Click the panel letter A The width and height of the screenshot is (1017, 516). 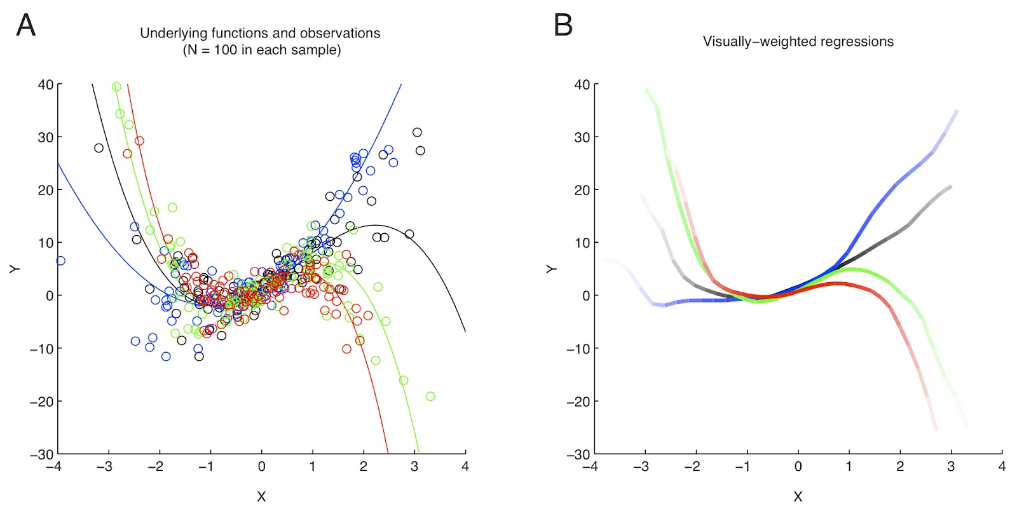25,25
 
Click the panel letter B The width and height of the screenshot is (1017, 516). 563,25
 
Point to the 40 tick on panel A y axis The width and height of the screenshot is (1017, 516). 45,85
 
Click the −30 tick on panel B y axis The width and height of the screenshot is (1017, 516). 578,454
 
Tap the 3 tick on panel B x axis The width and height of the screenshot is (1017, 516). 951,467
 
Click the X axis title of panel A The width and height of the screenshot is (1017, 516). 261,497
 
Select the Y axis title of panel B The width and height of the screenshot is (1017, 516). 551,269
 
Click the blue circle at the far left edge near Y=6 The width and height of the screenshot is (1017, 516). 60,261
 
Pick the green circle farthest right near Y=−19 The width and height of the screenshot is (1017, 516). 430,397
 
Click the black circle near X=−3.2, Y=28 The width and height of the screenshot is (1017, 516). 99,148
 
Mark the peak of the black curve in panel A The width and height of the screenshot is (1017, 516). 375,225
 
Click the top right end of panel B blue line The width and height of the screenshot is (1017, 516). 957,111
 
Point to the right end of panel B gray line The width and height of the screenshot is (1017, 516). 951,187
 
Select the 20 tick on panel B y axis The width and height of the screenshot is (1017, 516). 582,190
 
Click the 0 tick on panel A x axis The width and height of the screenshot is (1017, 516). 261,467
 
